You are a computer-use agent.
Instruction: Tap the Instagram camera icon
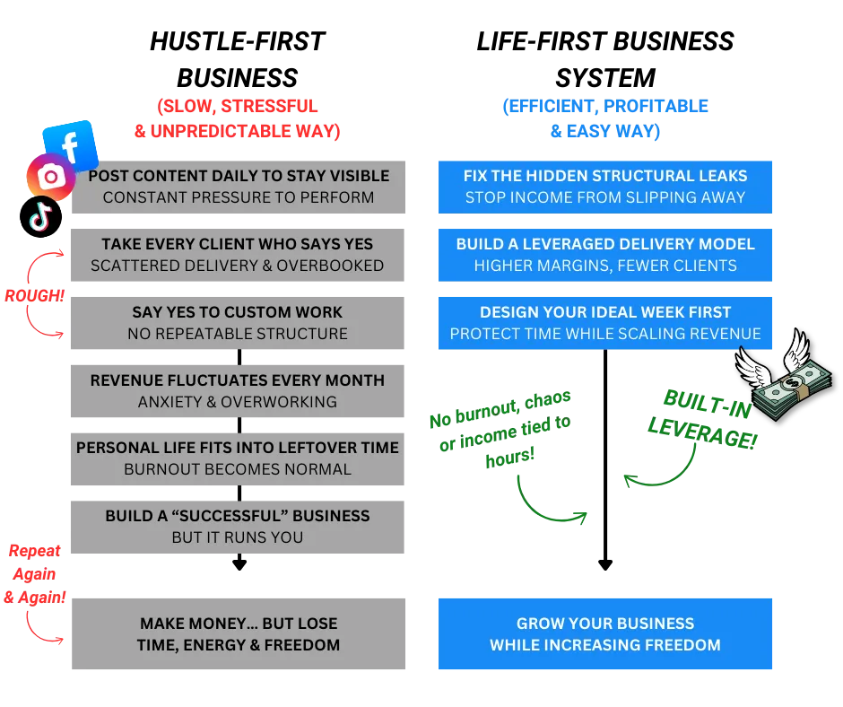point(49,177)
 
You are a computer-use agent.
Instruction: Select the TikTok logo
point(40,216)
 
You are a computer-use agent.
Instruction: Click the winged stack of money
point(784,378)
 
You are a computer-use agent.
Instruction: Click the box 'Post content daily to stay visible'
point(239,187)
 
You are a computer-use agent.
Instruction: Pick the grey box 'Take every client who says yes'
point(238,255)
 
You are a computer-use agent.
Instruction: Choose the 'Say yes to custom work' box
point(238,323)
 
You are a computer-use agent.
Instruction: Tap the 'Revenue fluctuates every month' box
point(238,391)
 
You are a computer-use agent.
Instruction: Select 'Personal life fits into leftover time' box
point(238,458)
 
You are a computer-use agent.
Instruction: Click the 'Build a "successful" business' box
point(238,527)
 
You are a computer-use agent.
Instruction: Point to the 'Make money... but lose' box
point(238,634)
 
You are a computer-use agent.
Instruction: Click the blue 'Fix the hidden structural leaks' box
point(605,187)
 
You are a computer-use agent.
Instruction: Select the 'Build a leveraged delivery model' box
point(605,255)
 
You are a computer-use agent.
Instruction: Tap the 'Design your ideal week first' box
point(605,323)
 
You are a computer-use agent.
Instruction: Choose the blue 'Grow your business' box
point(605,634)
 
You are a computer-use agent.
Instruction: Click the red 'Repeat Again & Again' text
point(34,573)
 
